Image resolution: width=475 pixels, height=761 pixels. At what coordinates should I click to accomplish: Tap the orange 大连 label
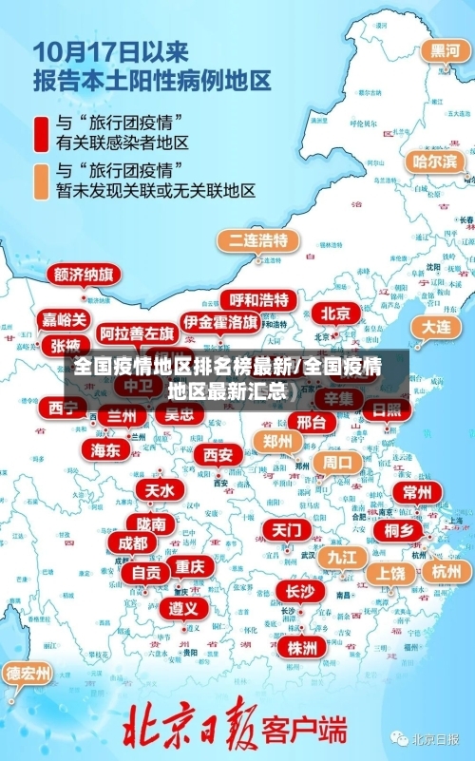[436, 326]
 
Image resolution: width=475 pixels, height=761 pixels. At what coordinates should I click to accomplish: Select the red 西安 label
[217, 455]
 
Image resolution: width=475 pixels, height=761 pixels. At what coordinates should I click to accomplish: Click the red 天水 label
[160, 490]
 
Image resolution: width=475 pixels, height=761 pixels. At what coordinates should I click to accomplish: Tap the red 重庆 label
[190, 566]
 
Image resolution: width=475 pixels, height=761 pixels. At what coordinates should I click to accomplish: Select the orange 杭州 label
[445, 571]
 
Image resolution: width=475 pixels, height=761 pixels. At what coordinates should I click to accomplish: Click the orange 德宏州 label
[28, 674]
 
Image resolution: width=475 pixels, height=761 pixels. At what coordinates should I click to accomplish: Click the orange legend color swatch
[40, 181]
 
